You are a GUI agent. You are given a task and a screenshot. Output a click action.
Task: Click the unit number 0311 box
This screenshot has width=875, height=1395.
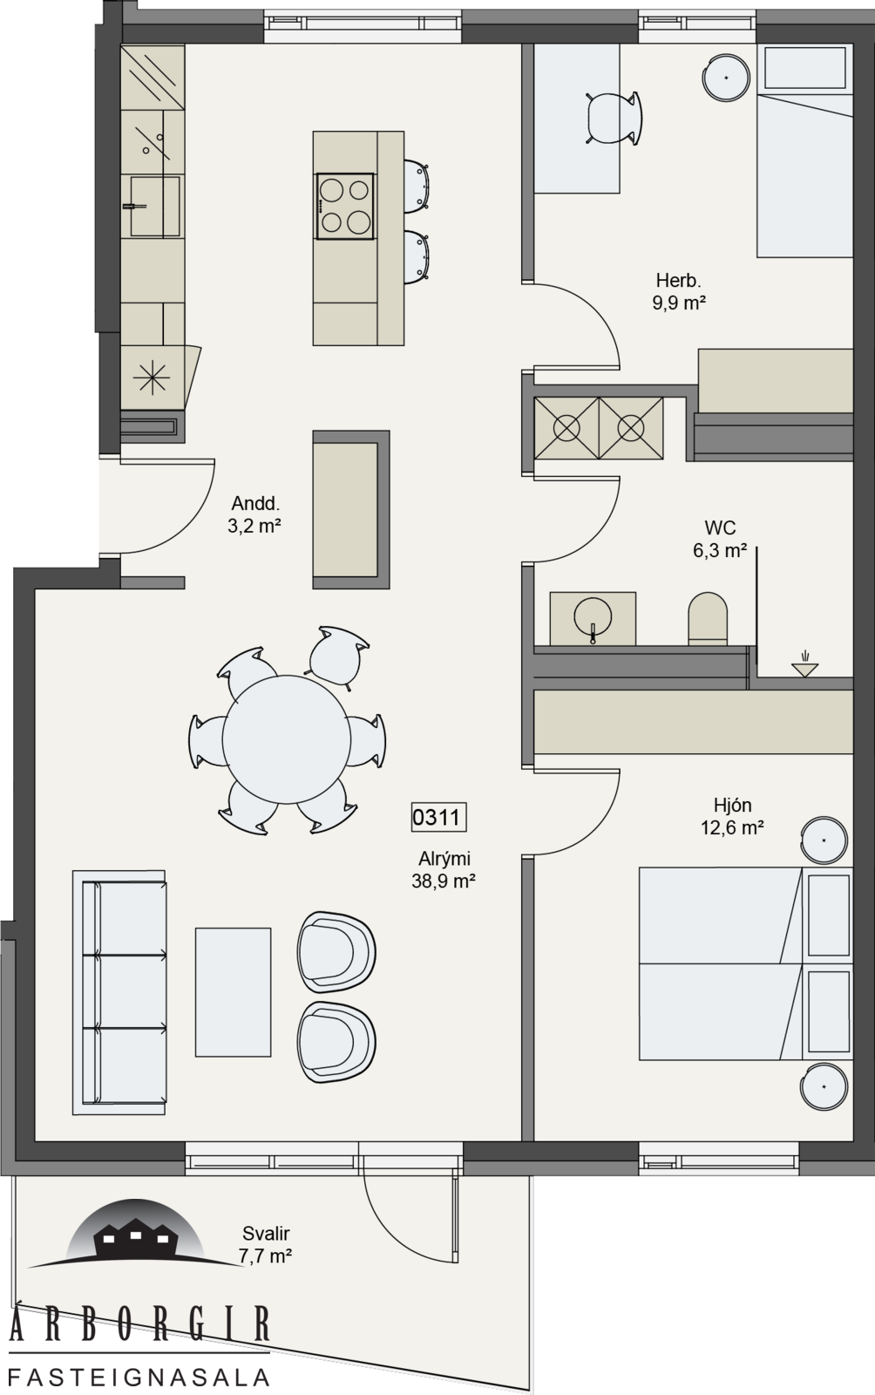click(x=438, y=817)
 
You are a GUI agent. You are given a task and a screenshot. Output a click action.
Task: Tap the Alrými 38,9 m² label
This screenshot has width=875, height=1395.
click(x=444, y=870)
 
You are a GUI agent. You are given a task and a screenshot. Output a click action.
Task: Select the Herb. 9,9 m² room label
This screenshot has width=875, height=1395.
click(x=678, y=291)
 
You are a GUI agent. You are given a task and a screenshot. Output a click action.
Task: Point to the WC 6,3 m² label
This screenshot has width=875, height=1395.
click(x=719, y=539)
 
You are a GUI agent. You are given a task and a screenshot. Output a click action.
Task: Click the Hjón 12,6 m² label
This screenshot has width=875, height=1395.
click(x=732, y=816)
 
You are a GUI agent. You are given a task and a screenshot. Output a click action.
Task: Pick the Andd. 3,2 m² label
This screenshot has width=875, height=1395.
click(x=254, y=514)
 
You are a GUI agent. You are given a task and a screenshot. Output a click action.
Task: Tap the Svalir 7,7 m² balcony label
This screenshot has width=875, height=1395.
click(x=266, y=1244)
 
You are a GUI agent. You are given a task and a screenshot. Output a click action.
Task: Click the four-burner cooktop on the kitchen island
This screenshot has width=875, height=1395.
click(x=345, y=206)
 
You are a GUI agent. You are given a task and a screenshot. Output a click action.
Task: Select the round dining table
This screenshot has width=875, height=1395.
click(x=287, y=740)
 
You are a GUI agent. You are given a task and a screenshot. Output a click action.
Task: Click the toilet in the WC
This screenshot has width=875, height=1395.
click(x=708, y=618)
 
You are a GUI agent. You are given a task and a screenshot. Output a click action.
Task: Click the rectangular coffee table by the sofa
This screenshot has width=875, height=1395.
click(x=234, y=993)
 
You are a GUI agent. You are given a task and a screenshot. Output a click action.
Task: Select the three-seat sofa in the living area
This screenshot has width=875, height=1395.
click(x=119, y=993)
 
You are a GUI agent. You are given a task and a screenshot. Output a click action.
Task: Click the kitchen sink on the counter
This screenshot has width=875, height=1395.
click(x=155, y=206)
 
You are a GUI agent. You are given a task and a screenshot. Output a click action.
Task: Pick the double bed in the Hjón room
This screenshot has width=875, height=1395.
click(x=745, y=963)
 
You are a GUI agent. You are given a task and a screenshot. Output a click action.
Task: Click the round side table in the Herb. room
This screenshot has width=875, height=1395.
click(x=726, y=78)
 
